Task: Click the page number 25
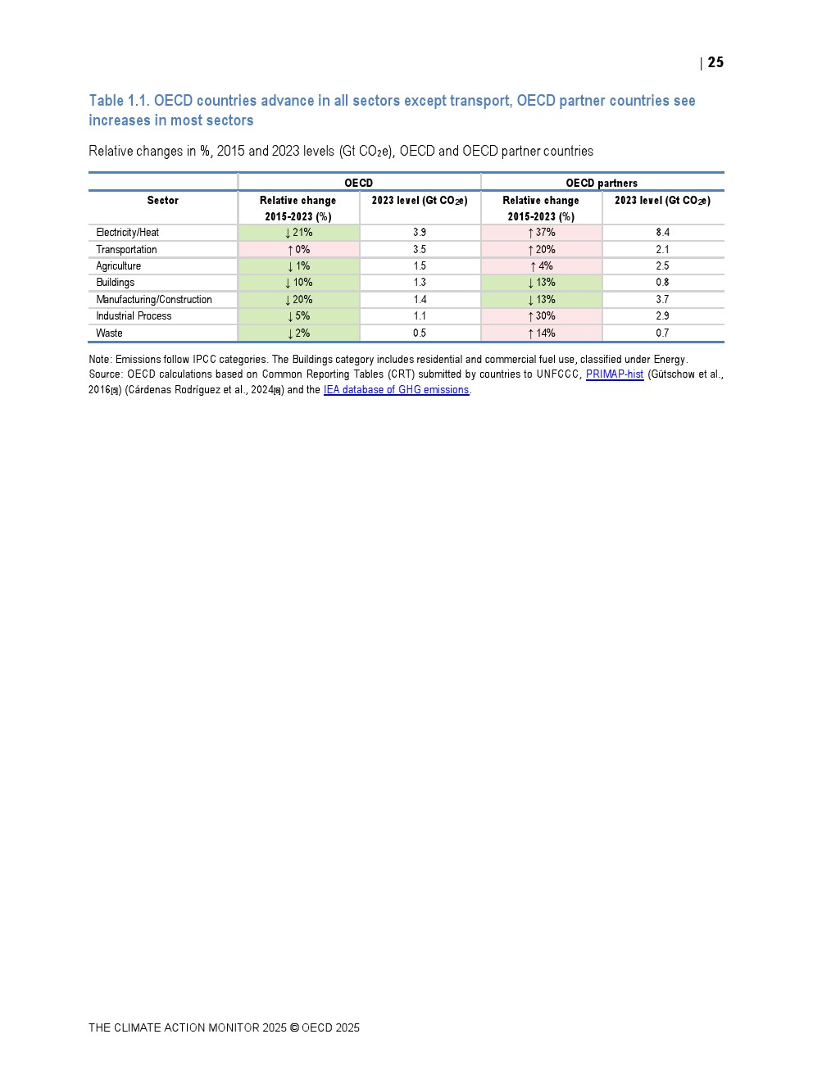pyautogui.click(x=715, y=62)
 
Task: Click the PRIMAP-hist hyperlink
pyautogui.click(x=615, y=374)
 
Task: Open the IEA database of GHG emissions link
pyautogui.click(x=396, y=390)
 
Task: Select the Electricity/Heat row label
pyautogui.click(x=128, y=233)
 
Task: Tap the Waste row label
pyautogui.click(x=109, y=333)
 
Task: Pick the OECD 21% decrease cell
pyautogui.click(x=298, y=233)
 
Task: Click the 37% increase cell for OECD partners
pyautogui.click(x=541, y=233)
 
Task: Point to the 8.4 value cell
pyautogui.click(x=662, y=233)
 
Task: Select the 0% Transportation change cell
pyautogui.click(x=298, y=250)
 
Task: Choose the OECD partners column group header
pyautogui.click(x=602, y=183)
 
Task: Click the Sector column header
pyautogui.click(x=162, y=201)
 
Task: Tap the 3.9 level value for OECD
pyautogui.click(x=420, y=233)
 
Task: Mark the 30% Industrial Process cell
pyautogui.click(x=541, y=316)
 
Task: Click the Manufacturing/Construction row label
pyautogui.click(x=154, y=300)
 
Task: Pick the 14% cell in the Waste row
pyautogui.click(x=541, y=333)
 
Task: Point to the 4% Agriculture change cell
pyautogui.click(x=541, y=266)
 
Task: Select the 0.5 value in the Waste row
pyautogui.click(x=420, y=333)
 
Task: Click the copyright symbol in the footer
pyautogui.click(x=294, y=1027)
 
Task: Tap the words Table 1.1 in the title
pyautogui.click(x=118, y=101)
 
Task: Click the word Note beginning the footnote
pyautogui.click(x=99, y=360)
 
